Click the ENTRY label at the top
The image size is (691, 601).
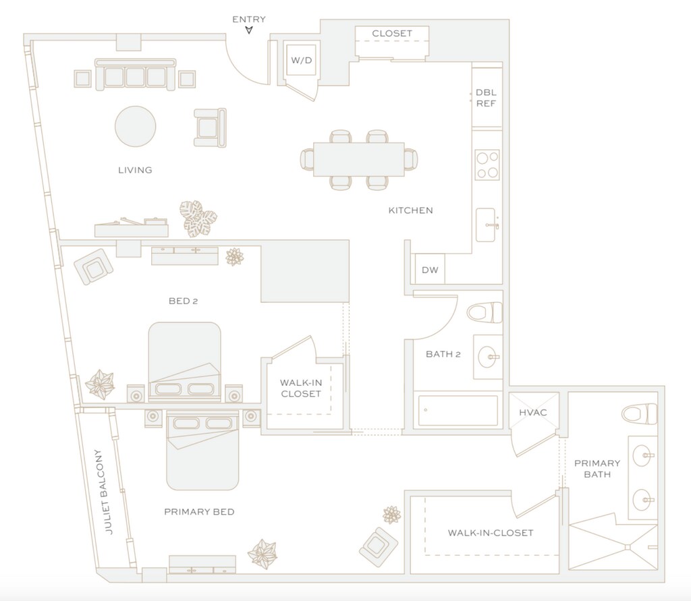point(249,20)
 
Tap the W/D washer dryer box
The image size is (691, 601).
point(301,61)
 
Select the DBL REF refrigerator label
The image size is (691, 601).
point(486,98)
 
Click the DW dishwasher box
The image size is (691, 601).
point(430,270)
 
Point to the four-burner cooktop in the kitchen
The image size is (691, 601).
point(487,165)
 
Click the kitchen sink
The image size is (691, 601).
point(487,225)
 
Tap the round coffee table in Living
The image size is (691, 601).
point(135,126)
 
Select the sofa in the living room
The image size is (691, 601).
point(135,75)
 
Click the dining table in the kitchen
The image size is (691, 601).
point(358,159)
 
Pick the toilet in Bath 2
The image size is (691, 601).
point(485,312)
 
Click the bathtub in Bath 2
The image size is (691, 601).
point(458,409)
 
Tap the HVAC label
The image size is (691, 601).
point(533,413)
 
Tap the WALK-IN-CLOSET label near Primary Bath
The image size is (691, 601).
point(491,533)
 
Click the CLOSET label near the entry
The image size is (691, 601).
point(392,33)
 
